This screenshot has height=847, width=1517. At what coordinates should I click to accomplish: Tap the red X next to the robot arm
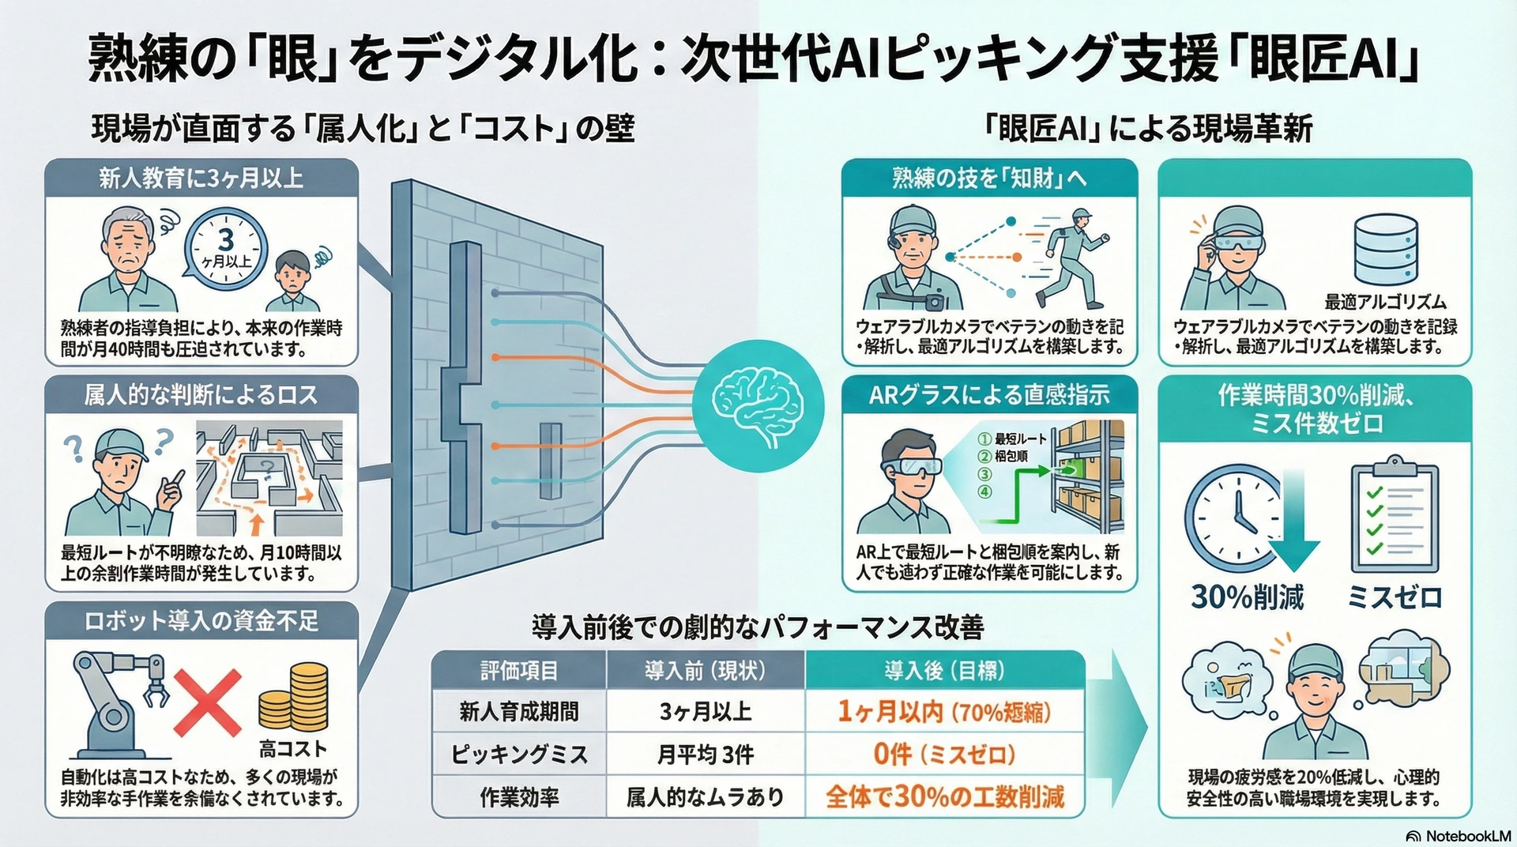click(x=207, y=702)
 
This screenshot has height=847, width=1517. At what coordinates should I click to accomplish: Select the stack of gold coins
click(x=294, y=698)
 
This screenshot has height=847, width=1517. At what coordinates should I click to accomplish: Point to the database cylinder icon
click(x=1384, y=249)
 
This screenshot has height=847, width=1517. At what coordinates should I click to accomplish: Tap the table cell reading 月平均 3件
click(x=705, y=755)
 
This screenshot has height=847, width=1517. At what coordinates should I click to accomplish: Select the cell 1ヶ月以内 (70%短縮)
click(x=944, y=712)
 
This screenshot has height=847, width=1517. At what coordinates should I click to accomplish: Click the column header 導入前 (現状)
click(x=705, y=671)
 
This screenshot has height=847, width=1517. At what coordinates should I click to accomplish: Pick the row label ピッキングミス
click(x=519, y=755)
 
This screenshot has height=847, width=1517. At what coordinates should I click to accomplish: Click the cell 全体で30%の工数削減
click(x=944, y=796)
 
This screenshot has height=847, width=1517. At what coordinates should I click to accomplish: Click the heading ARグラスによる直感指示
click(x=989, y=395)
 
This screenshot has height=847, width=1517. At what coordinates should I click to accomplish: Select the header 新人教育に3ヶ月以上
click(x=201, y=179)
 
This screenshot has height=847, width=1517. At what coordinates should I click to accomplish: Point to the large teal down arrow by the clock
click(x=1293, y=521)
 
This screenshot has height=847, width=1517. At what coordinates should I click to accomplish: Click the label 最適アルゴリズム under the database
click(x=1385, y=302)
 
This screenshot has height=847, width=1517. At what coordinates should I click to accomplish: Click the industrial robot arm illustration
click(x=119, y=702)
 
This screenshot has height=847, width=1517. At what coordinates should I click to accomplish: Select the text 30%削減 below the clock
click(x=1247, y=597)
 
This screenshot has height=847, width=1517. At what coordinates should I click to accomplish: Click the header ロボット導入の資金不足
click(x=201, y=621)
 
